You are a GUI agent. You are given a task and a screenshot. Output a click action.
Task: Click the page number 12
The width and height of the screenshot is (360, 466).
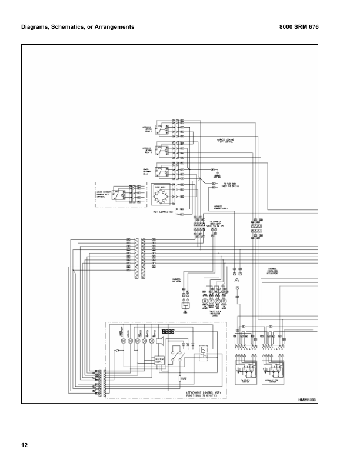point(24,444)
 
